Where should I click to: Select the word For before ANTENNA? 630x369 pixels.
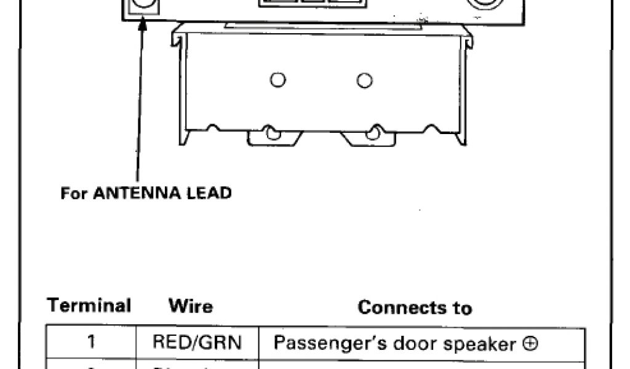coord(73,193)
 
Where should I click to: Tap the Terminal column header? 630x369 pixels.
coord(90,306)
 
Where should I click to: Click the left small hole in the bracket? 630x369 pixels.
coord(278,80)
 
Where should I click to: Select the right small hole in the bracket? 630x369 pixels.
coord(365,80)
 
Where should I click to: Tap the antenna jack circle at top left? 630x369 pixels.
coord(143,5)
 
